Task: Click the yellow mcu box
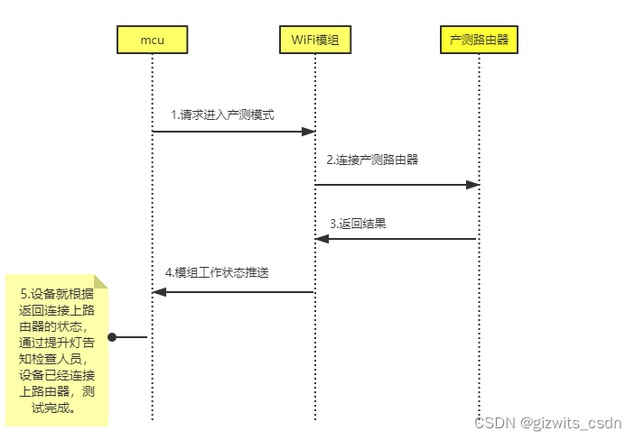click(x=152, y=39)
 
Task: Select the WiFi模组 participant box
click(x=314, y=39)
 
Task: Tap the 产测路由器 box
click(x=479, y=39)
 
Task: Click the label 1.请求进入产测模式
click(x=222, y=115)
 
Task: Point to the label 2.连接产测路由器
click(x=372, y=160)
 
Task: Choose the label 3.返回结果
click(x=358, y=223)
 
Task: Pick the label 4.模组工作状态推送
click(x=217, y=272)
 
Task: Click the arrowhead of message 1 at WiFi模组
click(x=307, y=132)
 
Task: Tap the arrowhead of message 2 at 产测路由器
click(x=472, y=185)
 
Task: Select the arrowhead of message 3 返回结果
click(x=322, y=239)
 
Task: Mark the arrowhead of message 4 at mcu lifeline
click(x=159, y=292)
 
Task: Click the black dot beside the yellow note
click(x=113, y=337)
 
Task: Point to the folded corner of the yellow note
click(x=100, y=280)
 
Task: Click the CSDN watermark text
click(x=493, y=423)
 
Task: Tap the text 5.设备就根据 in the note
click(x=56, y=295)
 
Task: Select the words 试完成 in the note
click(x=56, y=408)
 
